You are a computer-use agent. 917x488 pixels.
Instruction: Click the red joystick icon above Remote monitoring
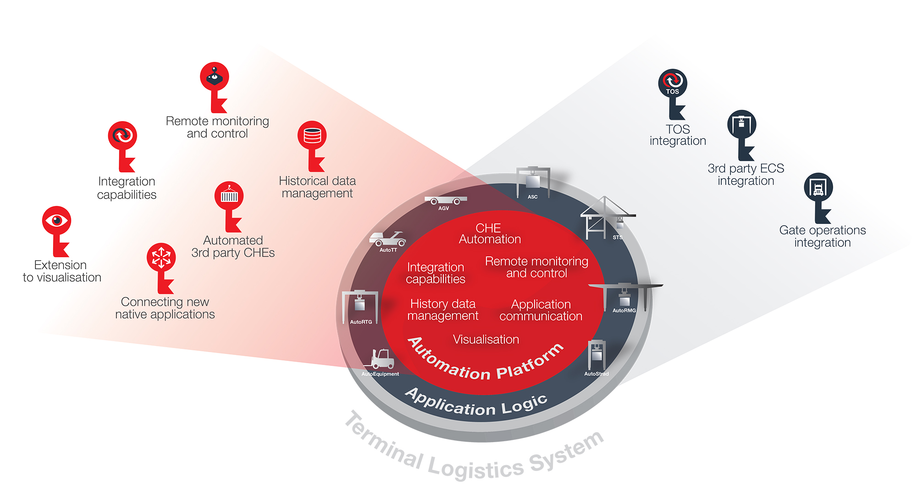pyautogui.click(x=214, y=77)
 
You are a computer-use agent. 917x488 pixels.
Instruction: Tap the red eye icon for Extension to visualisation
pyautogui.click(x=57, y=221)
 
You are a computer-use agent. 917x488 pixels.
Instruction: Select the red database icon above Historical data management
pyautogui.click(x=312, y=135)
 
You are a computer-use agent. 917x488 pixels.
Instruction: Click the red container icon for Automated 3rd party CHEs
pyautogui.click(x=229, y=196)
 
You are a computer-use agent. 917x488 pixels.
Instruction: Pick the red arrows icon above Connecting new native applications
pyautogui.click(x=161, y=257)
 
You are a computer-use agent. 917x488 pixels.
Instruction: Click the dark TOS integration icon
pyautogui.click(x=673, y=83)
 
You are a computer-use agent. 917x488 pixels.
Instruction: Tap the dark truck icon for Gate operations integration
pyautogui.click(x=818, y=187)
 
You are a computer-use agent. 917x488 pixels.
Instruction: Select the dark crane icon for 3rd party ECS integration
pyautogui.click(x=741, y=124)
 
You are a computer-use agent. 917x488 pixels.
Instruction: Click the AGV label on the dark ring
pyautogui.click(x=443, y=208)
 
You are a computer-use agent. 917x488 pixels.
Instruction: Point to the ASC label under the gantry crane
pyautogui.click(x=532, y=197)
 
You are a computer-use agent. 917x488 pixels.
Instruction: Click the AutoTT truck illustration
pyautogui.click(x=387, y=239)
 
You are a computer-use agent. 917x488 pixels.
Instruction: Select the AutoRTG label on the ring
pyautogui.click(x=361, y=322)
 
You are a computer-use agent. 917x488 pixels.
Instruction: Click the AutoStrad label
pyautogui.click(x=596, y=374)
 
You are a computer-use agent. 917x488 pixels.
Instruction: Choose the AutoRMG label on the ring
pyautogui.click(x=624, y=311)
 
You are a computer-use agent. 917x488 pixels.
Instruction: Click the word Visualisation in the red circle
pyautogui.click(x=486, y=339)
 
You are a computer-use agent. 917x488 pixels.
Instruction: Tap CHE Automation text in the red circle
pyautogui.click(x=490, y=233)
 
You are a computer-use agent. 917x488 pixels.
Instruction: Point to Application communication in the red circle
pyautogui.click(x=541, y=310)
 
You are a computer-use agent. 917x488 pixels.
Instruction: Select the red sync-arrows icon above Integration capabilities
pyautogui.click(x=122, y=135)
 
